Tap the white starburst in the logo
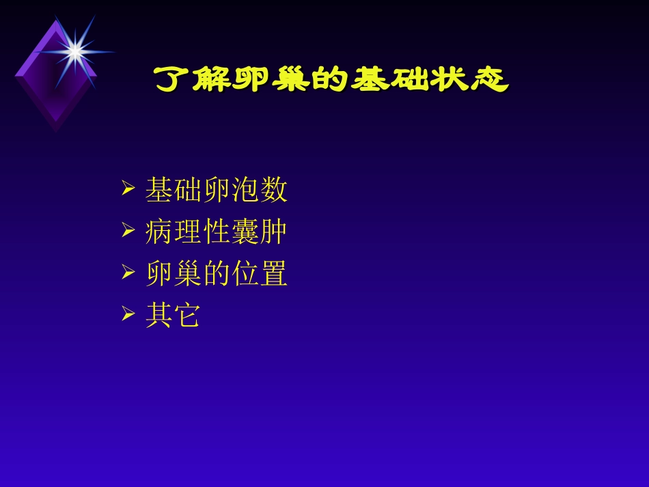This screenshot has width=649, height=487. click(74, 50)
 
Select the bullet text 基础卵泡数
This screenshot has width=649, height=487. click(216, 191)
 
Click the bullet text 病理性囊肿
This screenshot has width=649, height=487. click(216, 233)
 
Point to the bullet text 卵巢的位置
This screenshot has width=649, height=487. click(216, 275)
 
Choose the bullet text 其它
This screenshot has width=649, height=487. click(173, 316)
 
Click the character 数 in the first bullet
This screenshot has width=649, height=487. click(273, 191)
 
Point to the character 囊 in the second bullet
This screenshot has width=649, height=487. click(245, 233)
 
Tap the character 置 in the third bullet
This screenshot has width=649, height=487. click(273, 275)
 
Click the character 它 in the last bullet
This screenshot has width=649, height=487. click(187, 316)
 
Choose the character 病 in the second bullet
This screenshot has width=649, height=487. click(158, 233)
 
